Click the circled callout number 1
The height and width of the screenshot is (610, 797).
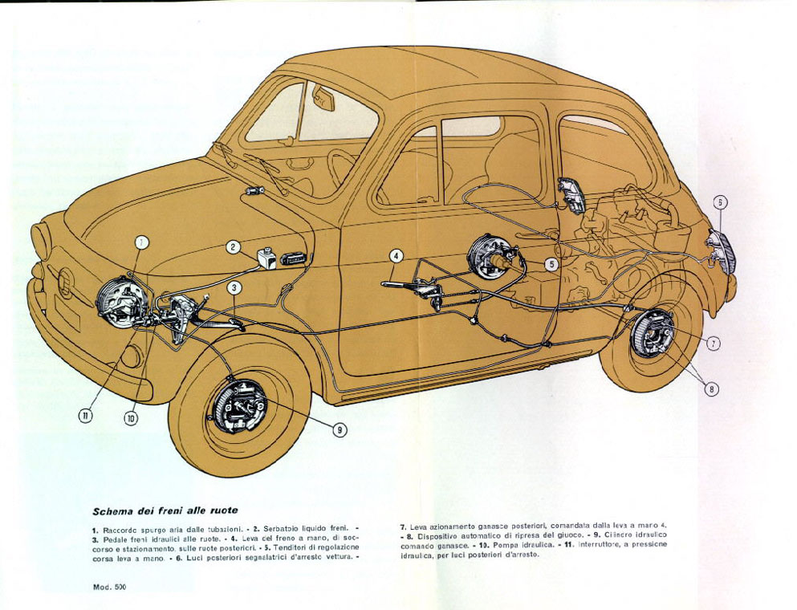tap(141, 241)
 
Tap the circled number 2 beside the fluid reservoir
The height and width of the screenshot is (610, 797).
tap(232, 247)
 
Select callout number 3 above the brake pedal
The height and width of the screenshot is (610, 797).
tap(234, 287)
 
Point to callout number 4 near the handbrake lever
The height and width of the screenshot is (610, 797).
tap(396, 257)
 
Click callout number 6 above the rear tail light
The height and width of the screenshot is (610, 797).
tap(720, 201)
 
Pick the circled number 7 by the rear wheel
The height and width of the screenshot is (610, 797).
tap(714, 343)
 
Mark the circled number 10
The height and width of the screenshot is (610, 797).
tap(131, 417)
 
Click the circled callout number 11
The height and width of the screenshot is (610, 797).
tap(86, 415)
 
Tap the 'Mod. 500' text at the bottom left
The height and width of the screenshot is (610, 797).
tap(109, 588)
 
